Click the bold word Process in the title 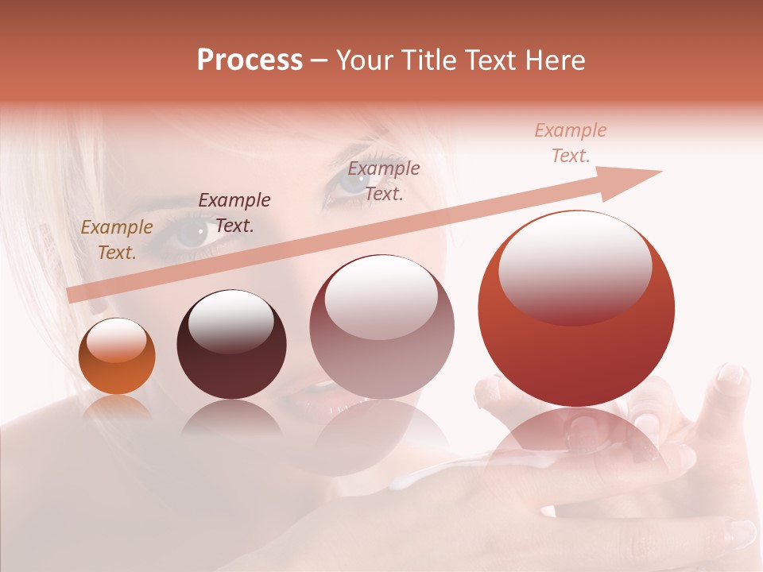coord(250,60)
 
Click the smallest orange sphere coord(117,356)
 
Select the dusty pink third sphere coord(381,327)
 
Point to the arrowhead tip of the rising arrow coord(661,172)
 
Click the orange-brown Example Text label coord(117,240)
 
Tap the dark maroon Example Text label coord(234,212)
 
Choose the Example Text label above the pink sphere coord(384,180)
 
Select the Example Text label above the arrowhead coord(571,143)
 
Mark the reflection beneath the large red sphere coord(577,445)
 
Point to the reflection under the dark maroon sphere coord(231,417)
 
